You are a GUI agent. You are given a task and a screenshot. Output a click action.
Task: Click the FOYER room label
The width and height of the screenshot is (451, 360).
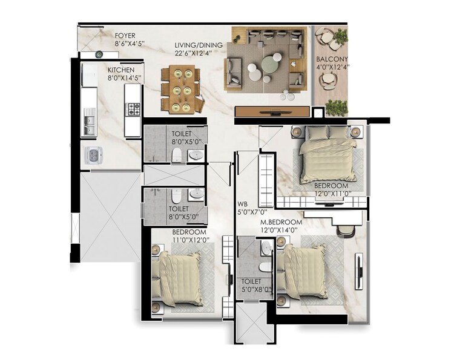[127, 34]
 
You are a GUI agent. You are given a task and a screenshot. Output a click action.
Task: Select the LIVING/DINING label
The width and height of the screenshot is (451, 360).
[198, 45]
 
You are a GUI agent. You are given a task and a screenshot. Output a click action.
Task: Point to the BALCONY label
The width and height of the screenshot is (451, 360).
[331, 59]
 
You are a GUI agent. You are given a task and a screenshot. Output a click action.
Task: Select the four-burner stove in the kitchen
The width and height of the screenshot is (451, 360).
[133, 110]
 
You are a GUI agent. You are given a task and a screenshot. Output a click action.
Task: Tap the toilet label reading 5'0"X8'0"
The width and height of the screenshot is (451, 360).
[251, 286]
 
